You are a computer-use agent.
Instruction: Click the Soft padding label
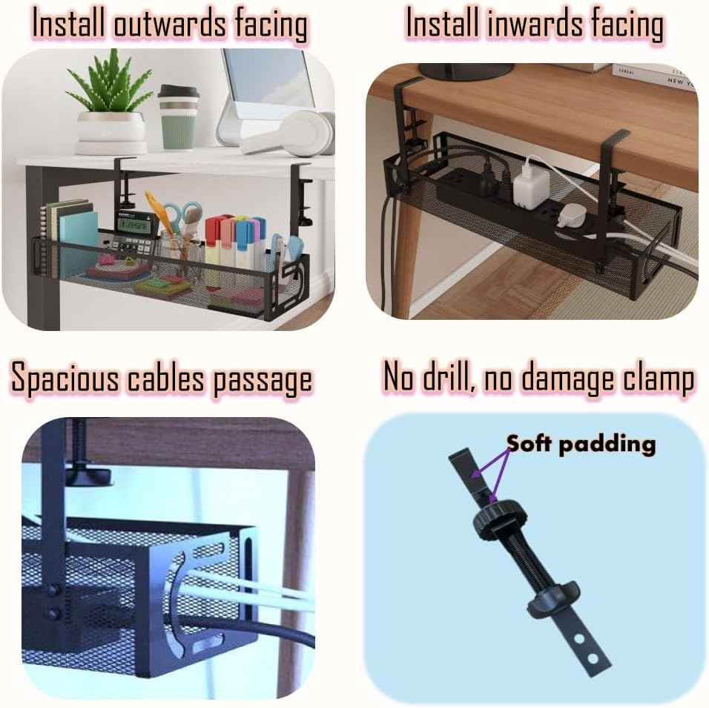pos(581,444)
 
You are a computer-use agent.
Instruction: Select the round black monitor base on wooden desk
pos(466,71)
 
